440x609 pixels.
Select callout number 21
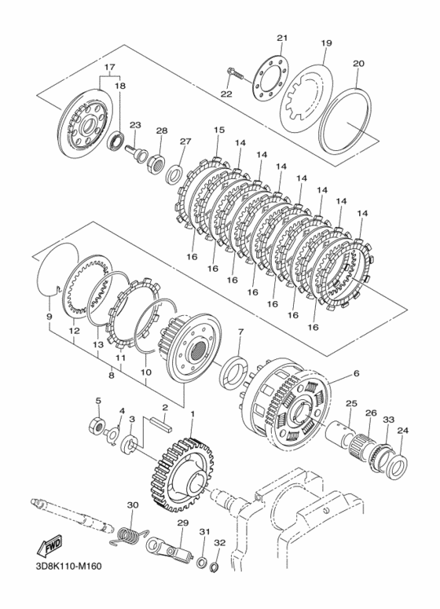click(x=283, y=38)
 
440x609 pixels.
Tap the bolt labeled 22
click(x=235, y=76)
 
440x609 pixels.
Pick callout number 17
click(x=110, y=68)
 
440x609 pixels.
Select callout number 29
click(x=182, y=523)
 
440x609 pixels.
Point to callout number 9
click(x=49, y=317)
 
